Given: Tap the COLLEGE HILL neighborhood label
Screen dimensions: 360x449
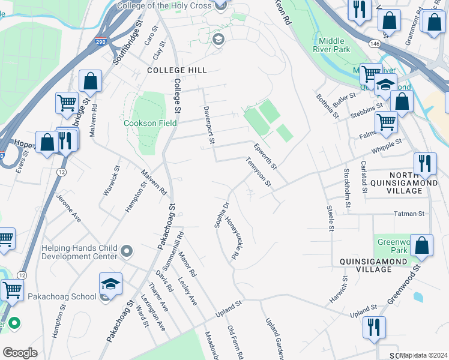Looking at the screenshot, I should (x=176, y=70).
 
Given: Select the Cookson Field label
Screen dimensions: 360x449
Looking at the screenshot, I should (x=149, y=123).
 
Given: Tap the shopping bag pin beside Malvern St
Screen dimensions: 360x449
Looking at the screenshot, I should (x=90, y=82).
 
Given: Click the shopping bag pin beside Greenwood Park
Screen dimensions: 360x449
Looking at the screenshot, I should (x=422, y=246).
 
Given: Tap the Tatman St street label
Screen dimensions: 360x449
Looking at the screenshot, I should (x=409, y=213).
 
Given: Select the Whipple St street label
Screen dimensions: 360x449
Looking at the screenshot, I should (x=385, y=146).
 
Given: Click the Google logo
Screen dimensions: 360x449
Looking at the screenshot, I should (x=20, y=353).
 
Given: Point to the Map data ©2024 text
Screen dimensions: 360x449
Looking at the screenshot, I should (x=424, y=355).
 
